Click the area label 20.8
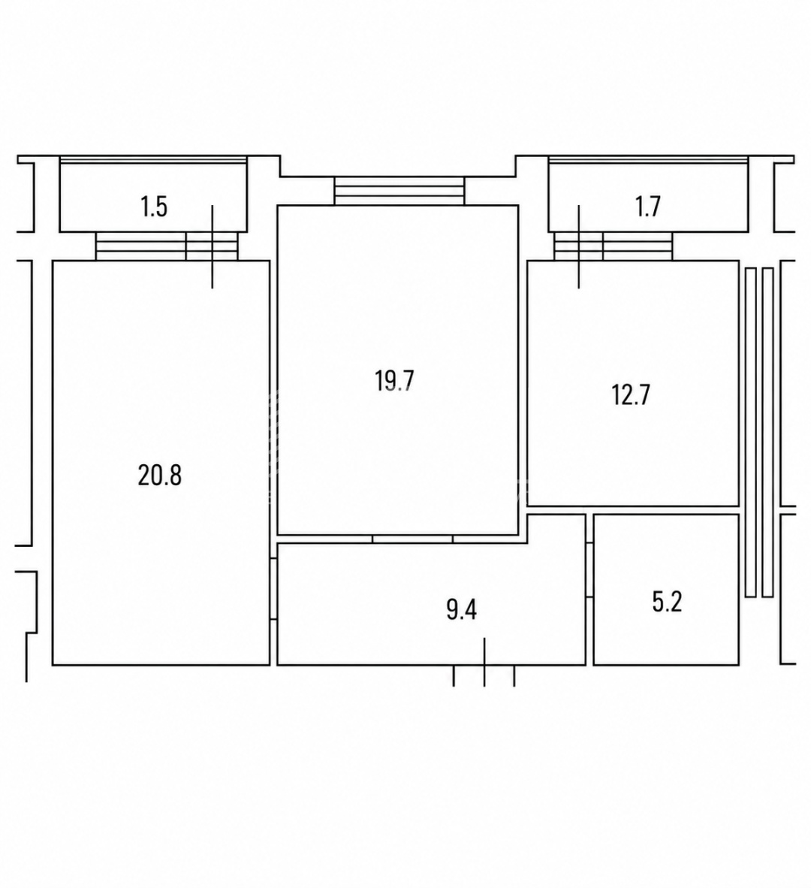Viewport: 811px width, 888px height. [160, 475]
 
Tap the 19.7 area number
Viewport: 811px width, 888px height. [394, 381]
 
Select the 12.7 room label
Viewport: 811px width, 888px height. [631, 394]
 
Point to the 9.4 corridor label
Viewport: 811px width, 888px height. [462, 610]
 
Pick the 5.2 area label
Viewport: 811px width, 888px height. [668, 602]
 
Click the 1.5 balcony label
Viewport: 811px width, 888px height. [154, 206]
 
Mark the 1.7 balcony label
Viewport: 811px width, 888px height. [647, 206]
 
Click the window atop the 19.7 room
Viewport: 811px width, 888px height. [399, 191]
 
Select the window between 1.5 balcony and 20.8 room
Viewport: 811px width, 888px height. [167, 246]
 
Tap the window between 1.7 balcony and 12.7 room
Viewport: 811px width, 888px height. [613, 246]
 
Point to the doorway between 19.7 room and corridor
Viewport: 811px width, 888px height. [412, 539]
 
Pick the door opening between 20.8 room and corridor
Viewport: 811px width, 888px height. [273, 588]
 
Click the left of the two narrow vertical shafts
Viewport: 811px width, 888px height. [750, 432]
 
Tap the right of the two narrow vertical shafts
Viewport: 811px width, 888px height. [767, 432]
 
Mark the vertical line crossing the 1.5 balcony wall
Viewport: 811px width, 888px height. [213, 246]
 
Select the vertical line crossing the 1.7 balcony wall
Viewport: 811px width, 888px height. [578, 246]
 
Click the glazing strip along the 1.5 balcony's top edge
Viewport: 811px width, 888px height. [153, 160]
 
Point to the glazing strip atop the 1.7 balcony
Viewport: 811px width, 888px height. [649, 160]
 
